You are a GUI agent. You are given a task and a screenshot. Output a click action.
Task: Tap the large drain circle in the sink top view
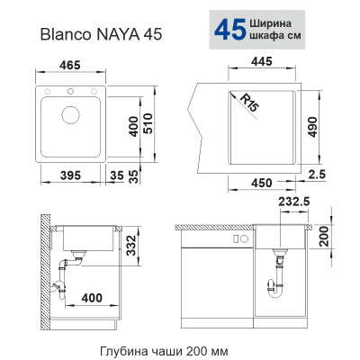click(69, 116)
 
